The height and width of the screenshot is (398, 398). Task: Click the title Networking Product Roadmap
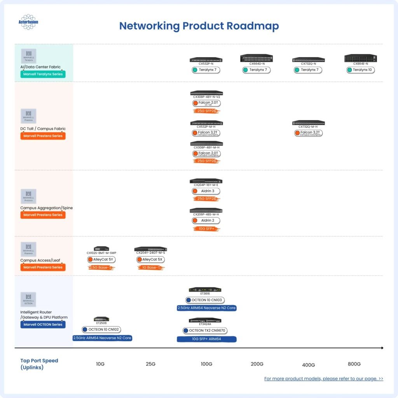point(199,26)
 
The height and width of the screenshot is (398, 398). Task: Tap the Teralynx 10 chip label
point(361,70)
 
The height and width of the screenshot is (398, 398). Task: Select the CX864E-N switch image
point(361,59)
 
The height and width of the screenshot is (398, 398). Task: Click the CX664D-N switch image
point(257,59)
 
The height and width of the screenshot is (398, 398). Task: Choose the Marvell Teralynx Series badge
point(43,74)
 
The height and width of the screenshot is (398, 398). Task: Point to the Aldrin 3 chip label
point(206,191)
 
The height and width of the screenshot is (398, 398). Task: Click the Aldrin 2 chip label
point(206,221)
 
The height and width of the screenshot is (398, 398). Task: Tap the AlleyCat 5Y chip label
point(101,259)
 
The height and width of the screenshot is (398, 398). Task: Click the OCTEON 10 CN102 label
point(102,330)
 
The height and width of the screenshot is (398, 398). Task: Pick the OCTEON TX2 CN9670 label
point(204,331)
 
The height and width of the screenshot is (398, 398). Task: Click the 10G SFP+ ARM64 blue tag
point(206,339)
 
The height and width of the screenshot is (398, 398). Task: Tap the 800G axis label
point(354,364)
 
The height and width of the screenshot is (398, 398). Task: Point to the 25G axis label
point(150,364)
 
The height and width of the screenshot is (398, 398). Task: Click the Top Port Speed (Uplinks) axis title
point(39,364)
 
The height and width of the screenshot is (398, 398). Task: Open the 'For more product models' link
point(323,379)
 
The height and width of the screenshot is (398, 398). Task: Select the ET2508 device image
point(101,319)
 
